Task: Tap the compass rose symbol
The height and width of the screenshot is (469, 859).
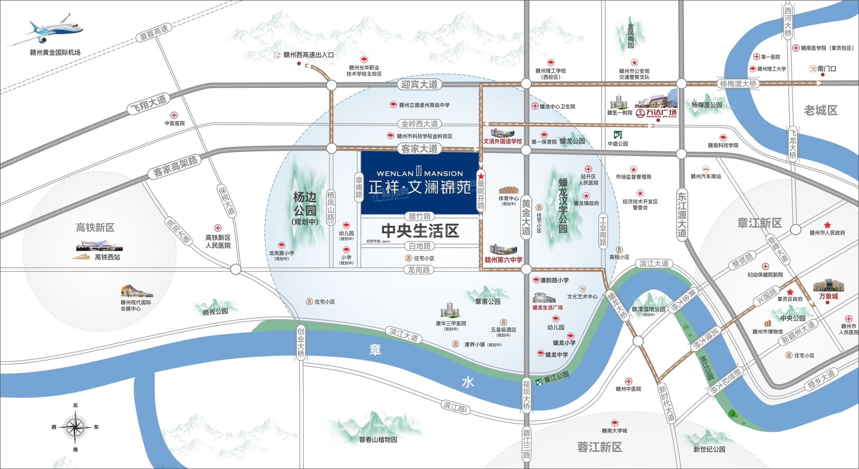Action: point(75,427)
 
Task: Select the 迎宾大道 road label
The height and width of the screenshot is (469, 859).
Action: point(419,85)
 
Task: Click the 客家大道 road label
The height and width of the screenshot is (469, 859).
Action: point(419,148)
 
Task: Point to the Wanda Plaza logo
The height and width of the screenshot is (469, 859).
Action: point(656,113)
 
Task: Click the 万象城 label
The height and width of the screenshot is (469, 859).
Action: point(829,296)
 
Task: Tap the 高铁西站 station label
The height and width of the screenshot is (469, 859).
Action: point(107,257)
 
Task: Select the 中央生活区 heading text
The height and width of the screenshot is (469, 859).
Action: point(420,231)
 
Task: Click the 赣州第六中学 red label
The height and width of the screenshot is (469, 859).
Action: point(503,260)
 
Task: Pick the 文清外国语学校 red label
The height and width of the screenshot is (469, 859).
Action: point(502,141)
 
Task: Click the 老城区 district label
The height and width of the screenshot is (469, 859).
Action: point(821,110)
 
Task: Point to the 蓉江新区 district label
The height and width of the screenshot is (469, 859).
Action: point(600,447)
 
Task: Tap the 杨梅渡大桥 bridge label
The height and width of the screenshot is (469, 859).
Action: point(738,84)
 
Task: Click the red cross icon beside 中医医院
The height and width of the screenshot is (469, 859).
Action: point(174,115)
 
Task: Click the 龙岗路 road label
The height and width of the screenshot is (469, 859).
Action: point(419,270)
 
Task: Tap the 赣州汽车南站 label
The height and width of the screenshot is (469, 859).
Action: point(706,176)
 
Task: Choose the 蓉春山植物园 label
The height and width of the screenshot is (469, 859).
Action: point(378,439)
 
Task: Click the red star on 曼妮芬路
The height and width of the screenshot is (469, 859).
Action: point(481,176)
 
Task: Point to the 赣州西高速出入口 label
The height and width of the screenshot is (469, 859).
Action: point(309,55)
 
